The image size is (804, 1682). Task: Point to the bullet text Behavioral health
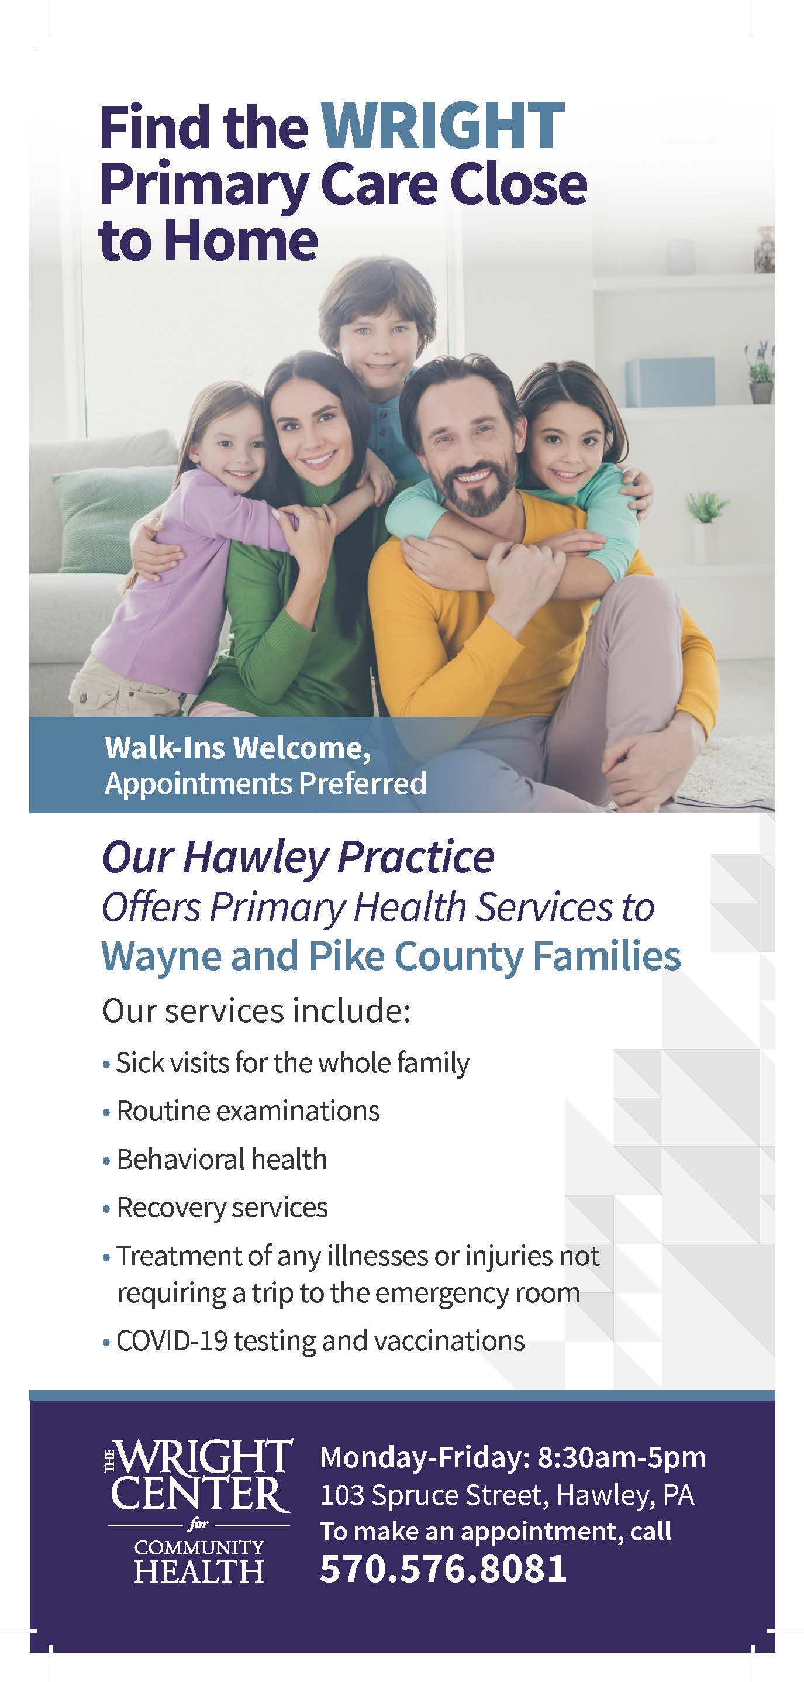221,1160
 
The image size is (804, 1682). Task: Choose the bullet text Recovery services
222,1208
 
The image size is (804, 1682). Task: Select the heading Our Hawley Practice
298,857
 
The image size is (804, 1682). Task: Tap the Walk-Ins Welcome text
237,748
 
